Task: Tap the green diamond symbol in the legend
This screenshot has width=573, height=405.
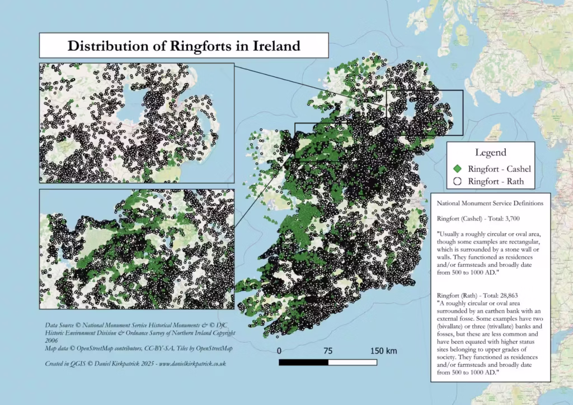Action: [x=457, y=168]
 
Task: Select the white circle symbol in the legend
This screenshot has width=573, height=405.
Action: [x=457, y=181]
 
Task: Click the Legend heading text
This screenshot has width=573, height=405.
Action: [x=490, y=152]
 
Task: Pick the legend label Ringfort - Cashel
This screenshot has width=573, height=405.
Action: [x=499, y=168]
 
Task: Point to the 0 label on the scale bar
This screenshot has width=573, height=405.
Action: [x=279, y=351]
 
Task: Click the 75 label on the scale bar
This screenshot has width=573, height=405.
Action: [x=328, y=351]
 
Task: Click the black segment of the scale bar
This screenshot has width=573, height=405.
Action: [x=303, y=362]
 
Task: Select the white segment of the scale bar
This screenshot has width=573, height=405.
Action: [x=353, y=362]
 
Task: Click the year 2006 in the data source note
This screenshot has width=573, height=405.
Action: [x=53, y=340]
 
